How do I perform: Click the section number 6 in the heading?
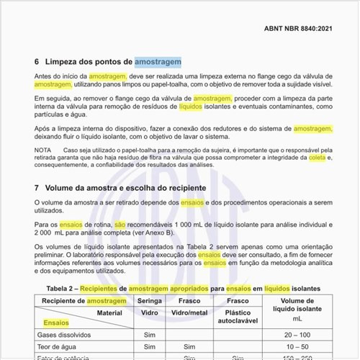coord(37,62)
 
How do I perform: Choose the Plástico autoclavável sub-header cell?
coord(238,318)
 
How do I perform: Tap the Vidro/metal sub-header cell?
coord(190,313)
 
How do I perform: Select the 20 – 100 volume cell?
coord(297,335)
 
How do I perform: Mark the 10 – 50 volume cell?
coord(297,347)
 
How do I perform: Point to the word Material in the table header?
coord(109,313)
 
